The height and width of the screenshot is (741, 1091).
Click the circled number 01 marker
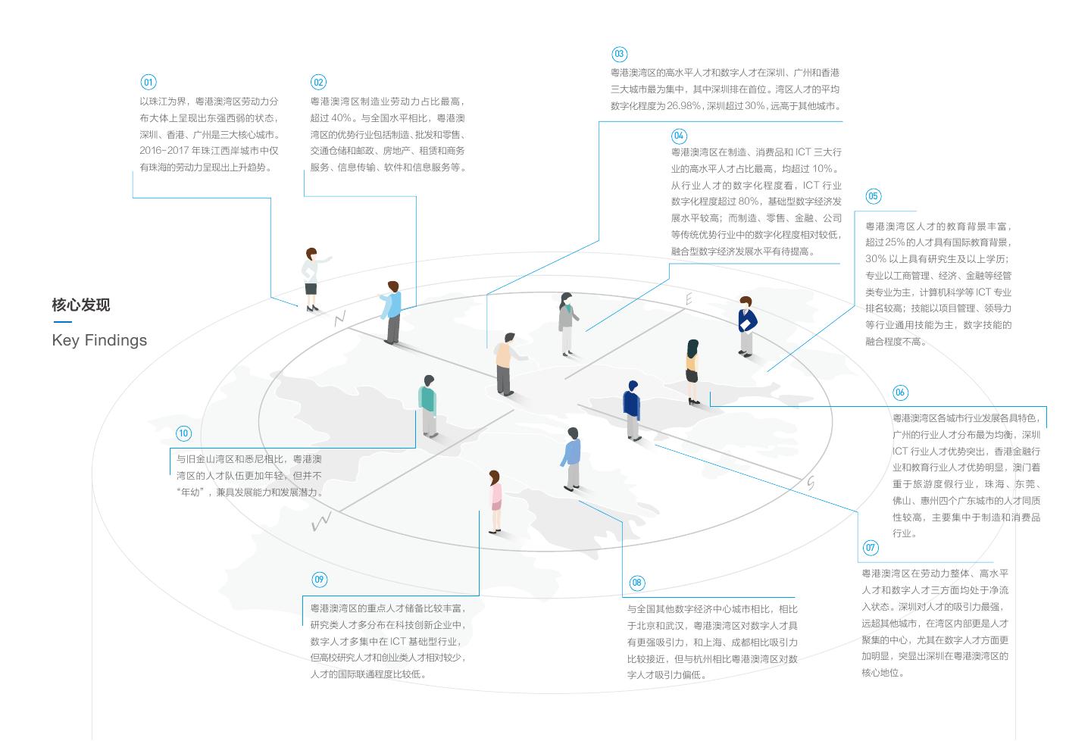148,83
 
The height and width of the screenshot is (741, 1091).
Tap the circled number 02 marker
318,83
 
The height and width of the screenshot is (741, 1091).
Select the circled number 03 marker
619,54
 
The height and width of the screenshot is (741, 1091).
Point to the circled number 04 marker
679,136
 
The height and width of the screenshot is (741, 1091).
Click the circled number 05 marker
873,196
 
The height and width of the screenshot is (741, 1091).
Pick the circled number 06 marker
900,392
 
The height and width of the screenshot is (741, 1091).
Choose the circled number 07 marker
871,548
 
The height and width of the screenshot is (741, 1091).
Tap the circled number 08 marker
636,583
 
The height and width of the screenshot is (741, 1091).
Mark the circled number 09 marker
319,580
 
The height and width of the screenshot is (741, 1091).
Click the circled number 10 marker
183,433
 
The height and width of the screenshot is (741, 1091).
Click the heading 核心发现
81,305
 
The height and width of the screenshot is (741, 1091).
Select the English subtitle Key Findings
99,340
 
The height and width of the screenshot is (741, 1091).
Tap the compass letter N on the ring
339,319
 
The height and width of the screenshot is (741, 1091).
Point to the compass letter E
689,300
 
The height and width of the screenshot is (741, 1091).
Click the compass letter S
811,483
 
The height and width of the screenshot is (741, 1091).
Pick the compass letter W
321,521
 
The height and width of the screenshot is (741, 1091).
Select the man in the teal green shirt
428,406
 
